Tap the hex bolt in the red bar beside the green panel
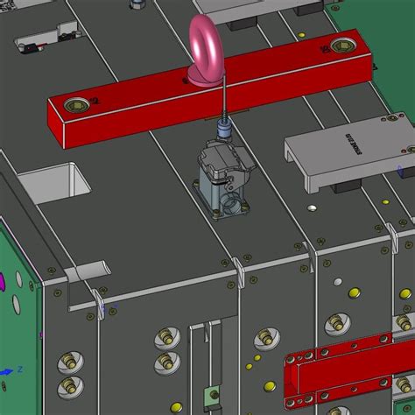[339, 45]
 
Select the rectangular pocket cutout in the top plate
[54, 185]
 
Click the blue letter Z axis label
[8, 370]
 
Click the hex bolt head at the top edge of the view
[137, 4]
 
